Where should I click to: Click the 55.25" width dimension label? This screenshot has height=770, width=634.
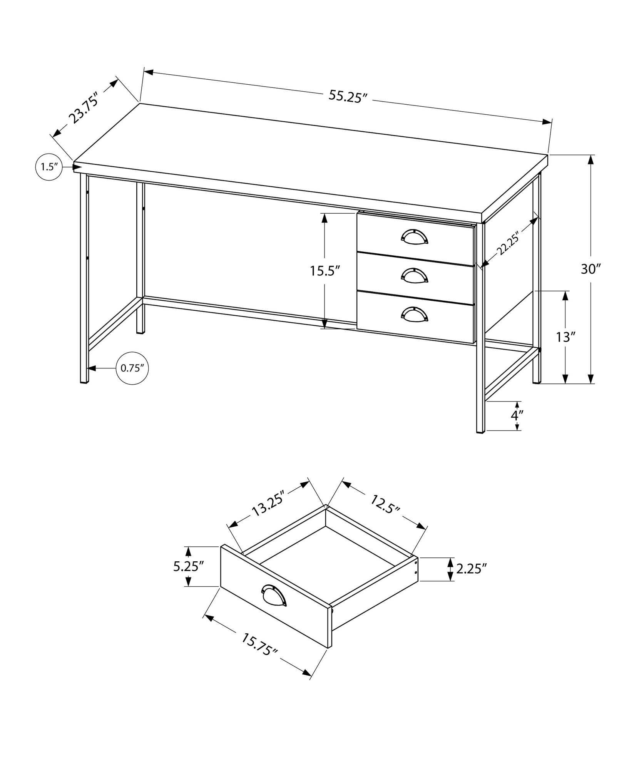(346, 96)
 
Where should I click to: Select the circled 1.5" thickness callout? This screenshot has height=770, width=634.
(49, 167)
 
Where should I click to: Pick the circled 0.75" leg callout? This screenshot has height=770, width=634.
(132, 368)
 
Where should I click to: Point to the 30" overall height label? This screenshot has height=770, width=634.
(591, 269)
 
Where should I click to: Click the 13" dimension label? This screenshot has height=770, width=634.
(565, 337)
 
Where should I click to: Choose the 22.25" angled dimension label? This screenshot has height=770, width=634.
(508, 244)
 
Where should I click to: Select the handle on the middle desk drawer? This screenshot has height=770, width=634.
(414, 275)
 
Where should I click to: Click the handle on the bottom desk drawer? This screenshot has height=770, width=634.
(414, 314)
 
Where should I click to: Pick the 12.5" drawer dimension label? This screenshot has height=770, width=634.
(385, 504)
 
